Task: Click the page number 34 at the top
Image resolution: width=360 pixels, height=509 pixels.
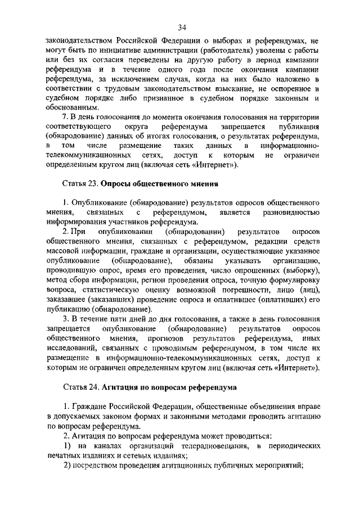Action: [182, 28]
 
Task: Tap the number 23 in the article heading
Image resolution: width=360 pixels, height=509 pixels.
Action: [93, 184]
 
